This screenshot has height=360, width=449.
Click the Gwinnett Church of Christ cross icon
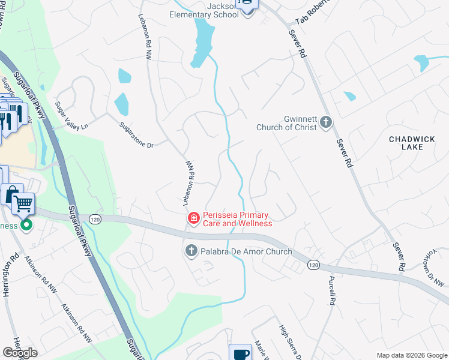pyautogui.click(x=326, y=122)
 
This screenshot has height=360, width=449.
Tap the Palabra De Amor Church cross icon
pyautogui.click(x=191, y=251)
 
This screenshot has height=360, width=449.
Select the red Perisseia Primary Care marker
pyautogui.click(x=194, y=218)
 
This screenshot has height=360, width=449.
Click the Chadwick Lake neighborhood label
pyautogui.click(x=411, y=143)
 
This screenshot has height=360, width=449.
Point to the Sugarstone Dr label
pyautogui.click(x=137, y=136)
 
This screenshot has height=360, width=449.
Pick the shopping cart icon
pyautogui.click(x=23, y=203)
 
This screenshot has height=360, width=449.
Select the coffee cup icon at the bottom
pyautogui.click(x=240, y=352)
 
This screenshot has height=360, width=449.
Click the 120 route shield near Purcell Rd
pyautogui.click(x=313, y=265)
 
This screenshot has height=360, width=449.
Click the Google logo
pyautogui.click(x=20, y=353)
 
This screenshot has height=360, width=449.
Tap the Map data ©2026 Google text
pyautogui.click(x=412, y=355)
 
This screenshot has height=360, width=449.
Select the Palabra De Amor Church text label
pyautogui.click(x=247, y=251)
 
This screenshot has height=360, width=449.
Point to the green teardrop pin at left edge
pyautogui.click(x=26, y=226)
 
